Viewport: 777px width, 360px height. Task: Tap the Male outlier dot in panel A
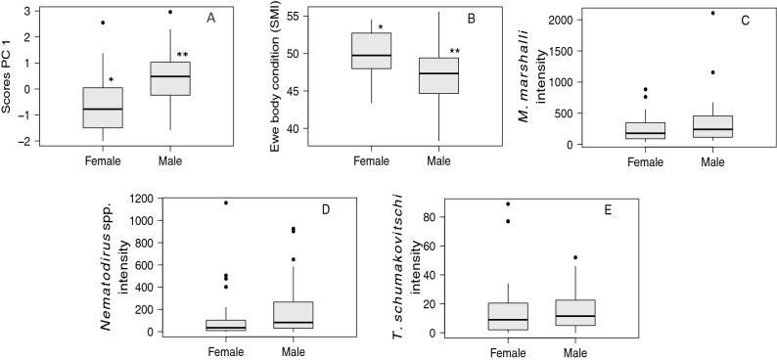170,13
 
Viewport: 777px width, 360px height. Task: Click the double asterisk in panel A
182,55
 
